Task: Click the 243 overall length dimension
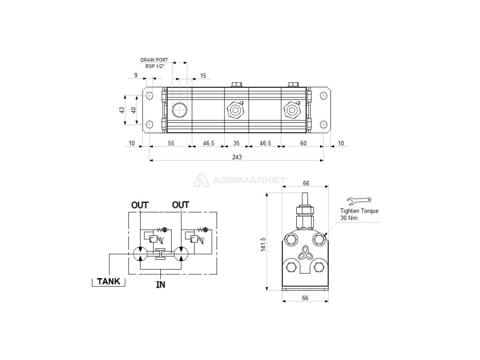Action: (237, 157)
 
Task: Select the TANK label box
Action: (108, 281)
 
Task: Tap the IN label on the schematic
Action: (160, 284)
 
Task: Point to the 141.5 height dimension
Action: (263, 244)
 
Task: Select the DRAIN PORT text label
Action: (154, 60)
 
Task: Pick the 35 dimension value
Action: (236, 143)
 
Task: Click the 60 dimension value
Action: (303, 143)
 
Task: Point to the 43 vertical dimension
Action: (122, 110)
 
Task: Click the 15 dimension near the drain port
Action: (203, 75)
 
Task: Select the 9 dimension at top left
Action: (135, 75)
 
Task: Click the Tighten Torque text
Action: (359, 211)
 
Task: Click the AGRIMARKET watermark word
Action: (249, 180)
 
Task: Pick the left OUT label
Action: (140, 205)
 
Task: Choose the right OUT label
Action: (180, 205)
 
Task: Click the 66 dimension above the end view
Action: (306, 183)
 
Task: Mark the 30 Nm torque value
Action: (349, 218)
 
